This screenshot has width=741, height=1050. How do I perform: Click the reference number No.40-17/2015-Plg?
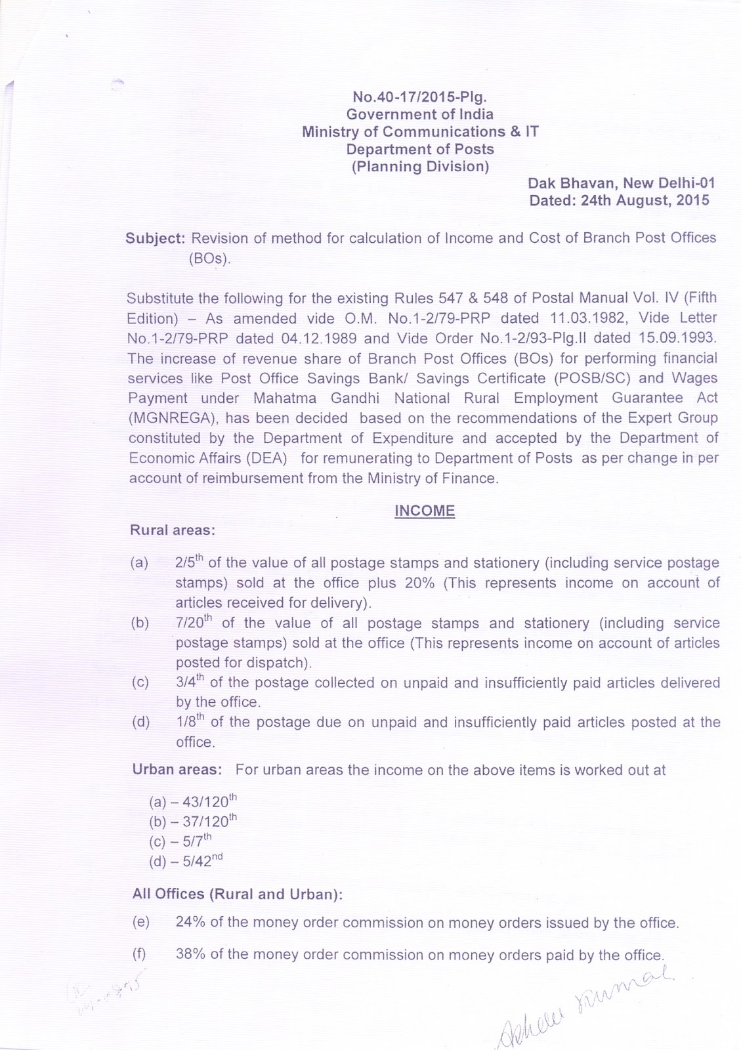[x=419, y=98]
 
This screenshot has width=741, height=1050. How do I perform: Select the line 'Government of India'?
[x=419, y=115]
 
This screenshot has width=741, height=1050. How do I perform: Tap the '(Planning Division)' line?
[x=420, y=167]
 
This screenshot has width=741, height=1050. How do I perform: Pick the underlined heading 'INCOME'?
[x=425, y=511]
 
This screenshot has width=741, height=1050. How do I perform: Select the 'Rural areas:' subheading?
[x=173, y=530]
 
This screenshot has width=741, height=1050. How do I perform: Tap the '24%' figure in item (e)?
[x=190, y=923]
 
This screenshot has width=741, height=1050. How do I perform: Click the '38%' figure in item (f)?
[x=190, y=955]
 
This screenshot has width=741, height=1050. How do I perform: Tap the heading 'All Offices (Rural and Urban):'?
[x=238, y=894]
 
